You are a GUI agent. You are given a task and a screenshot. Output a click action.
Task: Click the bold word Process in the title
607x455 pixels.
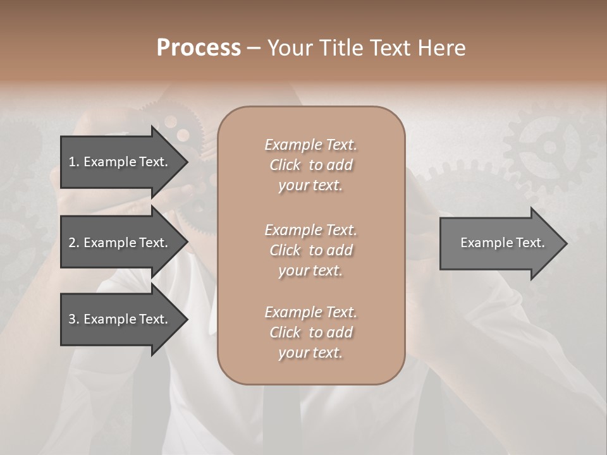199,48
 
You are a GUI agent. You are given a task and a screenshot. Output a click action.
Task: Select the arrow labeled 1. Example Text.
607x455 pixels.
118,162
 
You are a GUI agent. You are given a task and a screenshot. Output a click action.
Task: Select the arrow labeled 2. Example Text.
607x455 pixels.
118,243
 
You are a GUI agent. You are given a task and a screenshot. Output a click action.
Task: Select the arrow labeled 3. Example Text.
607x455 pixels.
118,319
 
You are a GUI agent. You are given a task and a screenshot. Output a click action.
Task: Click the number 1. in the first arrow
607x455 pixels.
74,162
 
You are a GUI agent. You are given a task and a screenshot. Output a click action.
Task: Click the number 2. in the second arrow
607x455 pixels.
74,243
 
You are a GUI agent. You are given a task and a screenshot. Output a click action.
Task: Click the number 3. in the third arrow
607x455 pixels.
74,319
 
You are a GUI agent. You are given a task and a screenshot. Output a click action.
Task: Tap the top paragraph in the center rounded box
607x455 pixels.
310,165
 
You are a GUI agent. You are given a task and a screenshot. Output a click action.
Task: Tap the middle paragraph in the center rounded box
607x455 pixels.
310,250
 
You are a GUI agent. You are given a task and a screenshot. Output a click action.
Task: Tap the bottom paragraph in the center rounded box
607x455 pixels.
310,332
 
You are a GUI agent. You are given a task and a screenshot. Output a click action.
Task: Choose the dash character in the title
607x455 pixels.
254,49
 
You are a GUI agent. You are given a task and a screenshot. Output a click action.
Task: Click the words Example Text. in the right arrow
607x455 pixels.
503,243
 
